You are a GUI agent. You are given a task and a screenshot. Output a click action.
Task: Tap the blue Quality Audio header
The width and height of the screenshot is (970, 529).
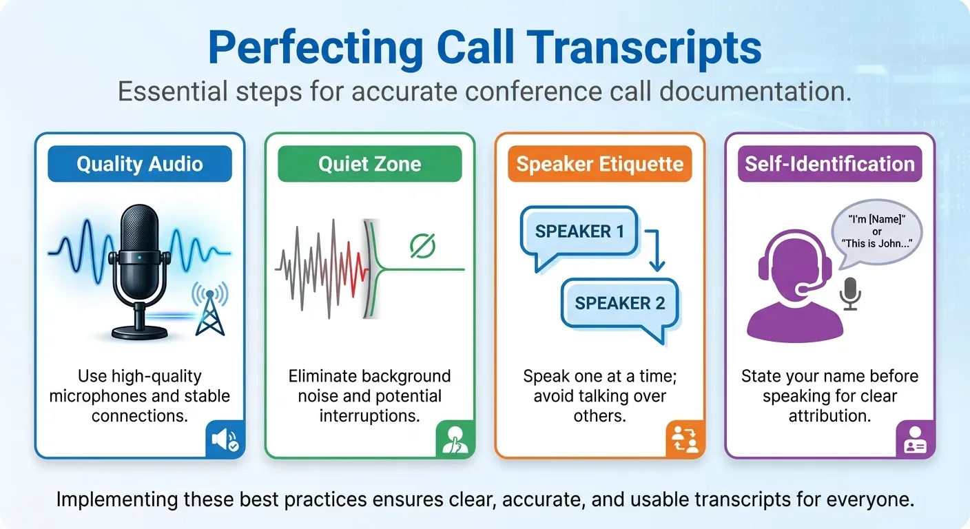[140, 164]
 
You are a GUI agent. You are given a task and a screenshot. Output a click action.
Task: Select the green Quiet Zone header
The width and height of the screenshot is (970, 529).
[369, 164]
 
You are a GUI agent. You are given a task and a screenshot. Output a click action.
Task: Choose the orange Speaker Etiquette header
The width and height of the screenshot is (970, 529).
[599, 164]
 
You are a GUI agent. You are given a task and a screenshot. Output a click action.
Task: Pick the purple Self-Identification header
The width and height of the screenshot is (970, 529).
[829, 164]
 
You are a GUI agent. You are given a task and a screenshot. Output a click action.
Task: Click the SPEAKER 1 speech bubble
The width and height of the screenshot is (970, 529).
[579, 232]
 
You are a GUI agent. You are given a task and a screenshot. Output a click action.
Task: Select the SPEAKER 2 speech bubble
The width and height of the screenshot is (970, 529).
[619, 304]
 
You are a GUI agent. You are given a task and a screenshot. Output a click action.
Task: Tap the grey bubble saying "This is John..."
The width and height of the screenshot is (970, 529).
[877, 231]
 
